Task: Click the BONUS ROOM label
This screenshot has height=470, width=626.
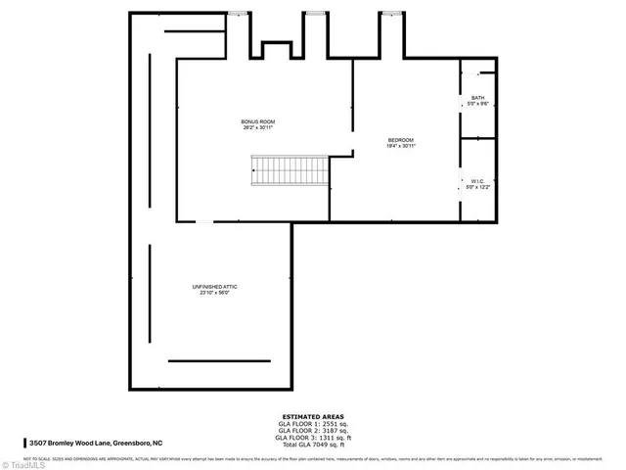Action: pos(258,121)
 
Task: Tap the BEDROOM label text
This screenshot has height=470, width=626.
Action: pos(401,140)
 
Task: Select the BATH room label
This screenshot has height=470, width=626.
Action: pos(477,97)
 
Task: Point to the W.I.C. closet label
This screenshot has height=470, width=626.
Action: pos(477,180)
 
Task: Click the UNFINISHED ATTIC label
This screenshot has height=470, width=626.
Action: pos(214,286)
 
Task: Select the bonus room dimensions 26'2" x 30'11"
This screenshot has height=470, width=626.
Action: pos(258,127)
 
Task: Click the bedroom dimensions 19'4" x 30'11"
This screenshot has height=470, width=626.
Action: pos(401,146)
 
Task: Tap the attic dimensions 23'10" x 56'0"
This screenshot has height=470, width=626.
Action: pos(214,292)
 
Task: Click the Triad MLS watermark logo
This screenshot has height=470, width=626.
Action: pos(23,463)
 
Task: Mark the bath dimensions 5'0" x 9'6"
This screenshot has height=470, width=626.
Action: pos(477,103)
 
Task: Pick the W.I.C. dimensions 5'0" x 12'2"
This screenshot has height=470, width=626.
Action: pos(477,186)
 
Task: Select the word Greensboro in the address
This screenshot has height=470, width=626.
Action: pos(135,442)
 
